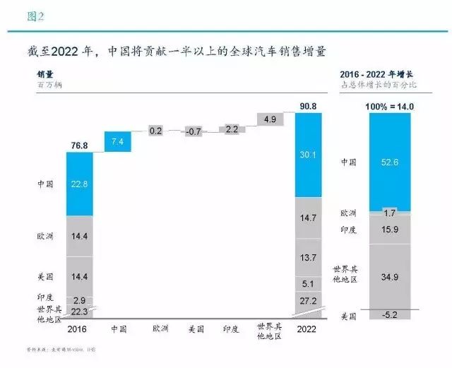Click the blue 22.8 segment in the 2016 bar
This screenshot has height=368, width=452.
tap(80, 182)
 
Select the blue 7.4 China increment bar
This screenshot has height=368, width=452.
tap(118, 142)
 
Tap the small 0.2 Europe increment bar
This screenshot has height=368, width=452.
tap(156, 131)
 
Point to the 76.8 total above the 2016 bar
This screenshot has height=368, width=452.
tap(80, 146)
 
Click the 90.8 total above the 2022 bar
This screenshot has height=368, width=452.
tap(307, 107)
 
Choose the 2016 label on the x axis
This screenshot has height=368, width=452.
tap(80, 328)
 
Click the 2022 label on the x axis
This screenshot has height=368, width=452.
tap(308, 328)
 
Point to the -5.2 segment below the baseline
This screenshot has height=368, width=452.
tap(389, 316)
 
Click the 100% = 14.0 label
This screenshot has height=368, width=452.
tap(388, 107)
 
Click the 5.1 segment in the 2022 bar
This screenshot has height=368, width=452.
tap(308, 285)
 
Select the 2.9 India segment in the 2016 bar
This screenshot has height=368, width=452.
tap(80, 301)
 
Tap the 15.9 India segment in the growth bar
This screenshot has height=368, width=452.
tap(389, 227)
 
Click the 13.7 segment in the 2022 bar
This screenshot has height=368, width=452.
tap(308, 259)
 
